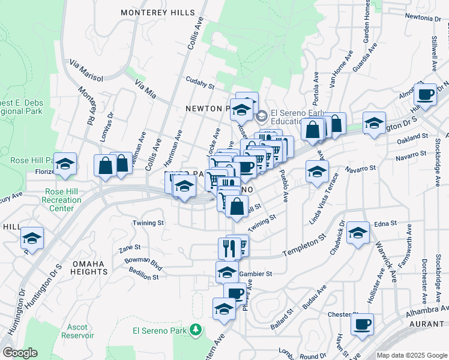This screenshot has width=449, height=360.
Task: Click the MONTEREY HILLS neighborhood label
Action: click(158, 12)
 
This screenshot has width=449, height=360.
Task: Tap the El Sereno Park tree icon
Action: click(194, 329)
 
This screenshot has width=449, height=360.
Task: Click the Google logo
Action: click(20, 353)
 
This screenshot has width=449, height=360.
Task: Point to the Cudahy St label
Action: click(200, 86)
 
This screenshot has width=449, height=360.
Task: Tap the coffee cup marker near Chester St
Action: click(362, 324)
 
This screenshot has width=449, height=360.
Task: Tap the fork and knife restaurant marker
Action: click(228, 247)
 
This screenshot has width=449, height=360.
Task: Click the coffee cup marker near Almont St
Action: click(425, 94)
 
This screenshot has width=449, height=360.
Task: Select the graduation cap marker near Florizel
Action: click(65, 163)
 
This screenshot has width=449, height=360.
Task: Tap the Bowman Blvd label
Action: click(143, 262)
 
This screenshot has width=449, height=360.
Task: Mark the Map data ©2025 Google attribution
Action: click(411, 355)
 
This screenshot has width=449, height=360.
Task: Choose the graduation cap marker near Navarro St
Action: click(317, 171)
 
